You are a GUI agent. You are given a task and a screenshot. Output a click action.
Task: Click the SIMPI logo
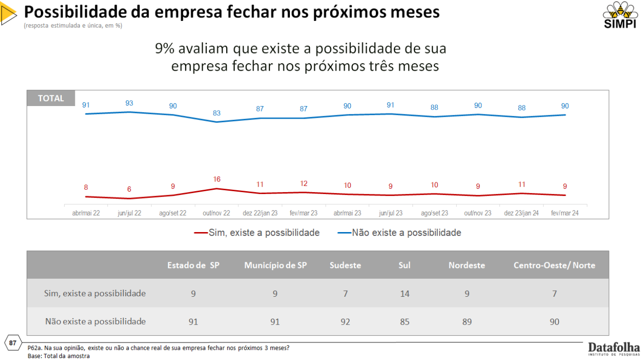[x=620, y=15]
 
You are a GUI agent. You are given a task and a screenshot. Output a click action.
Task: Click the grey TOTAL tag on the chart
[x=51, y=98]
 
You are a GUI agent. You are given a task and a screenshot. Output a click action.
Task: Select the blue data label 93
[x=129, y=103]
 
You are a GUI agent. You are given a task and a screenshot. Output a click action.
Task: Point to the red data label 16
[x=216, y=180]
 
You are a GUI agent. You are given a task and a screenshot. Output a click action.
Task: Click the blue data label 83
[x=216, y=113]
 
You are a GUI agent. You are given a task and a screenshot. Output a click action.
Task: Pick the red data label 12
[x=303, y=183]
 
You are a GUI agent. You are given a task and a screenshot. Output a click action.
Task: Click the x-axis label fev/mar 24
[x=565, y=213]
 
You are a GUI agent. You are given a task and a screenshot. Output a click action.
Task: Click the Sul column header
[x=405, y=265]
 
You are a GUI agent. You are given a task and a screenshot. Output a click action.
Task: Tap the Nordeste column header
[x=466, y=265]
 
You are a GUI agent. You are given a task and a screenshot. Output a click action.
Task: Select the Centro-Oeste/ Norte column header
[x=554, y=265]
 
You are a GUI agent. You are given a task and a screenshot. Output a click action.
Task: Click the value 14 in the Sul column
[x=405, y=294]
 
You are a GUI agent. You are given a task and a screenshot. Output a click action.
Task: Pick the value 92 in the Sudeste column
[x=345, y=322]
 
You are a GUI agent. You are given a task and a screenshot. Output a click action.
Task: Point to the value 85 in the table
[x=405, y=322]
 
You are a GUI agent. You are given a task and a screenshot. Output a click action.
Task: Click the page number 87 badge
[x=13, y=343]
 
